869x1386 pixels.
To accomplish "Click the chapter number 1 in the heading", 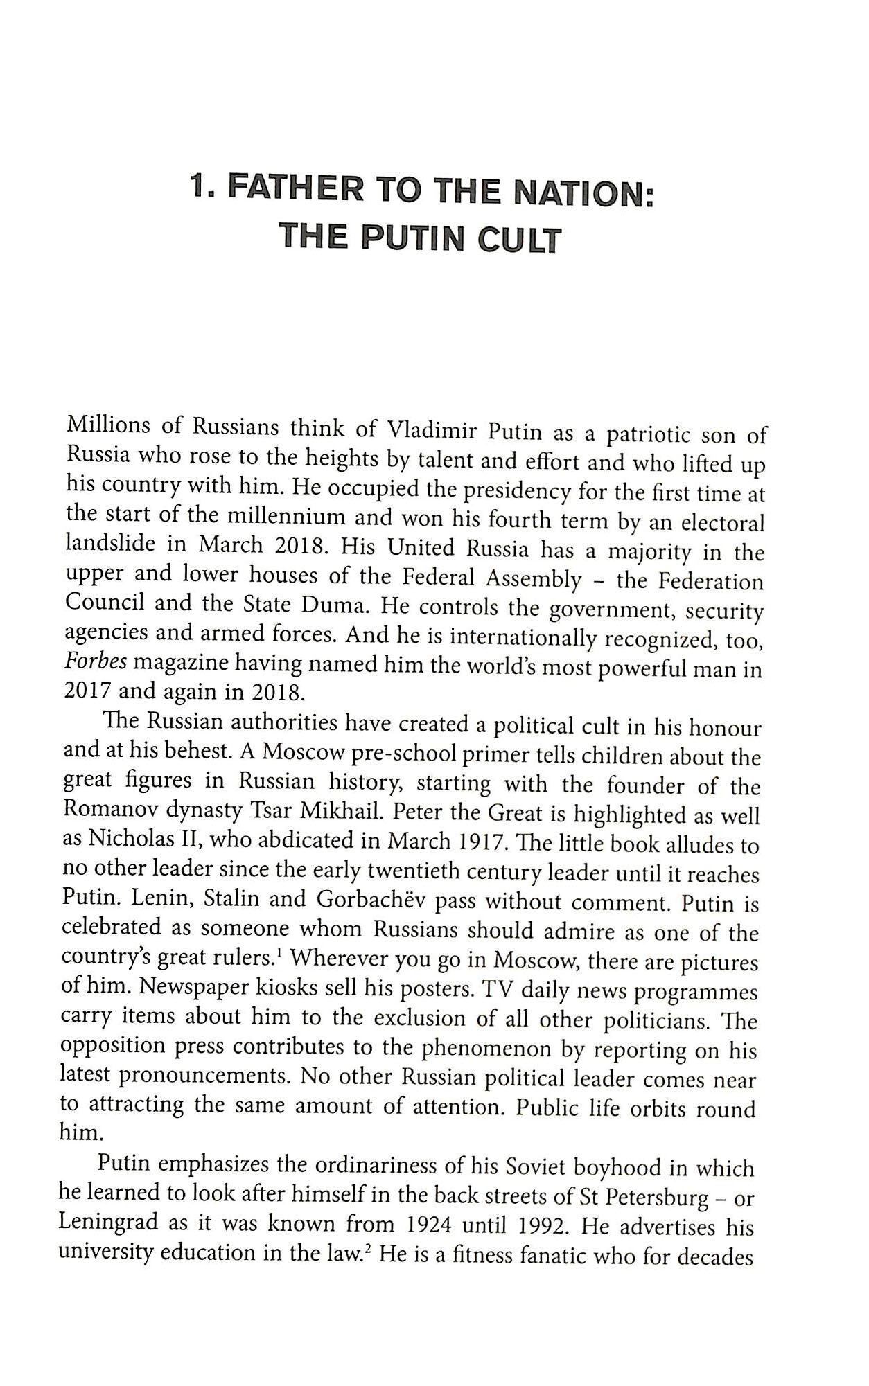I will pyautogui.click(x=200, y=187).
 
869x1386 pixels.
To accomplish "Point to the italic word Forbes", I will pyautogui.click(x=95, y=661).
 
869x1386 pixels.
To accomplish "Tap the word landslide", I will pyautogui.click(x=110, y=543).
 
